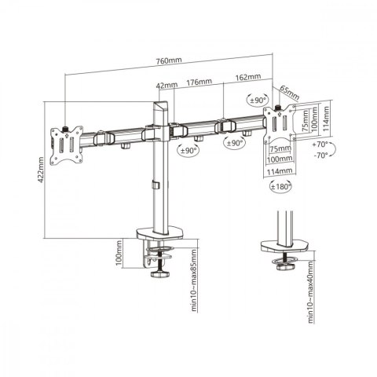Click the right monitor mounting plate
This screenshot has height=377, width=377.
coord(280,126)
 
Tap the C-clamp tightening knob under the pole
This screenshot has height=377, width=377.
coord(163,273)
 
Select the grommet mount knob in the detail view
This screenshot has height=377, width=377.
coord(282,268)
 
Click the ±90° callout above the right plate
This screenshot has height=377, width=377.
coord(257,100)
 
